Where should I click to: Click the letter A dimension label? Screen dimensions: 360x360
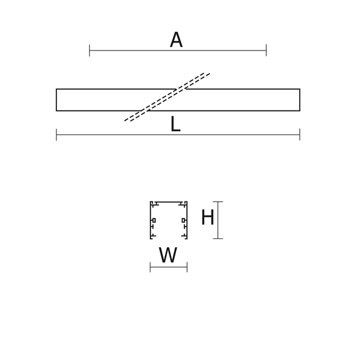click(176, 40)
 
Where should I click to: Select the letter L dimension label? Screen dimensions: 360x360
click(175, 124)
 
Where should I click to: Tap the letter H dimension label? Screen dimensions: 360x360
click(207, 217)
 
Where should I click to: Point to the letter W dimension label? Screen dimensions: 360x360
click(168, 255)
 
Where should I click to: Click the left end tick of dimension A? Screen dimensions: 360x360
click(90, 50)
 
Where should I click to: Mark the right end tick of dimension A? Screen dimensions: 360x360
click(266, 50)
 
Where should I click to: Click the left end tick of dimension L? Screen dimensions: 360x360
click(56, 135)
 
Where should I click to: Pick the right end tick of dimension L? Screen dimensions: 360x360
click(300, 135)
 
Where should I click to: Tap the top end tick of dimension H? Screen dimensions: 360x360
click(218, 202)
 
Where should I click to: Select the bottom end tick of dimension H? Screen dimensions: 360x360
click(218, 238)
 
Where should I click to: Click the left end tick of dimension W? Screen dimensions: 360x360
click(150, 267)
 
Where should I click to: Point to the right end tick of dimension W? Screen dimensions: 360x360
click(187, 267)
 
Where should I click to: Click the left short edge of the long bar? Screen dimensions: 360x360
click(56, 100)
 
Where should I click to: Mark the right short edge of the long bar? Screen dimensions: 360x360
click(300, 100)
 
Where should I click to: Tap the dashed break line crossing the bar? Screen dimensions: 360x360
click(167, 97)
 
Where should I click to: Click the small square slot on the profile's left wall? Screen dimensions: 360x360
click(154, 221)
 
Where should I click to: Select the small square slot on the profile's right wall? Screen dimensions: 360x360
click(183, 221)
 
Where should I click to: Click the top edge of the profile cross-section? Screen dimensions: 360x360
click(169, 202)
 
